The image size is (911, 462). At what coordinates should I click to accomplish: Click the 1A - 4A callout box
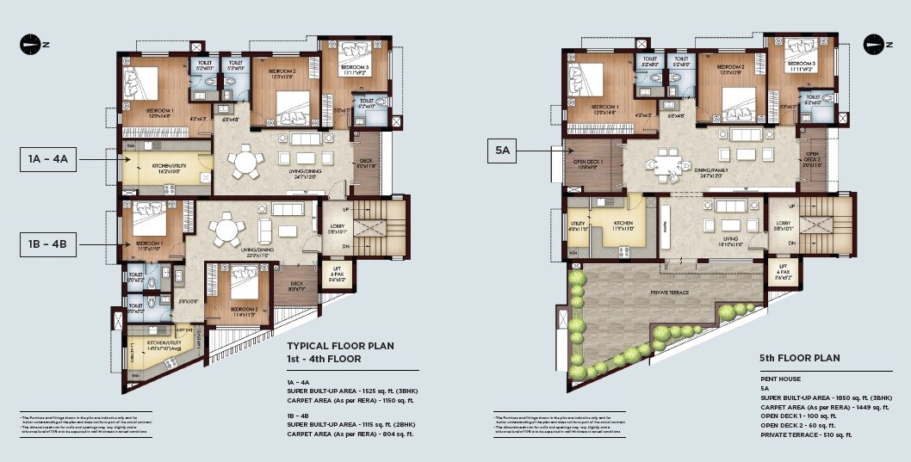[48, 160]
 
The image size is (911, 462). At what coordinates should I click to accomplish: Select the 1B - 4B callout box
[48, 245]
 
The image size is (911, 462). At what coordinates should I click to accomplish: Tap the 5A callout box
[504, 151]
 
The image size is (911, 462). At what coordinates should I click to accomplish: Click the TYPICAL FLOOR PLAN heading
[340, 346]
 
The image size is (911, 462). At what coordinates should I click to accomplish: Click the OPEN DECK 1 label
[588, 163]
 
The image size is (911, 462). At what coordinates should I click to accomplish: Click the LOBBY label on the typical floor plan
[337, 229]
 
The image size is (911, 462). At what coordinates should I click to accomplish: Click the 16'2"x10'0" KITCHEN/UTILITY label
[167, 169]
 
